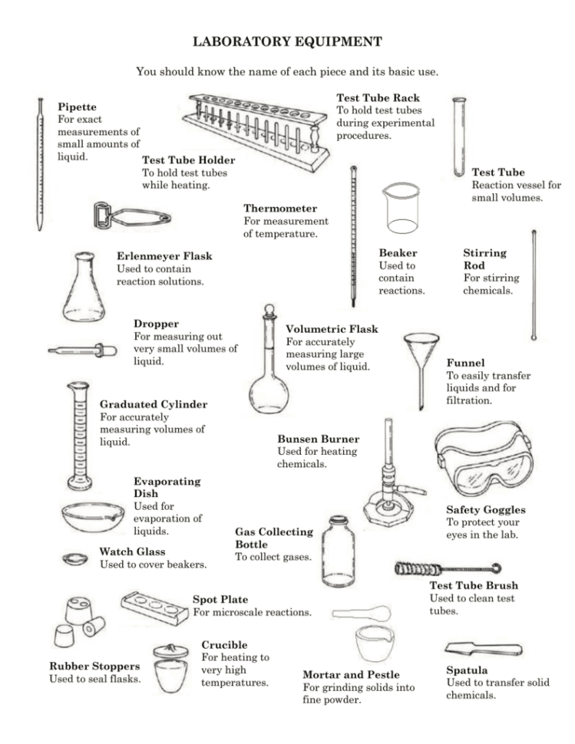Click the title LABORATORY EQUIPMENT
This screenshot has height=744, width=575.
tap(286, 40)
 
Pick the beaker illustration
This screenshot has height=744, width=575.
tap(402, 208)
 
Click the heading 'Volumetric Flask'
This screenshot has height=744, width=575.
tap(331, 329)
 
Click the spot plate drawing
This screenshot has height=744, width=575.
tap(154, 606)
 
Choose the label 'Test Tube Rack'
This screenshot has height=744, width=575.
tap(378, 98)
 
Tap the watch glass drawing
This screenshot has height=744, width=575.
tap(75, 558)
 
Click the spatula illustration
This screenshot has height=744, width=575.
tap(483, 648)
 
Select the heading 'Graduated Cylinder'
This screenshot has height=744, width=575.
tap(153, 404)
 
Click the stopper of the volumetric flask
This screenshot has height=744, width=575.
tap(268, 312)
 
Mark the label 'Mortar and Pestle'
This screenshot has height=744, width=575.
tap(352, 675)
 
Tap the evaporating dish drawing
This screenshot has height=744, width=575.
tap(92, 515)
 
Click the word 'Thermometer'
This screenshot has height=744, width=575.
tap(280, 209)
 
